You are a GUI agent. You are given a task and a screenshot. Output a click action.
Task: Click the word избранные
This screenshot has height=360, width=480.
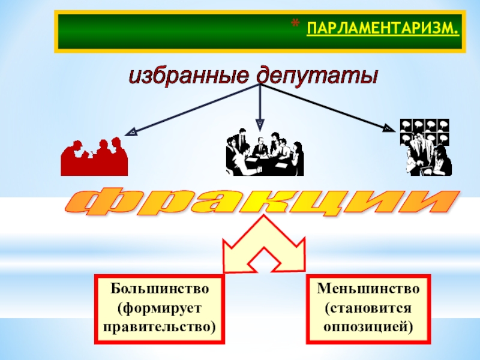pyautogui.click(x=190, y=76)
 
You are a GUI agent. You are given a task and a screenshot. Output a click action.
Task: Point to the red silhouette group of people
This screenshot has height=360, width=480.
pyautogui.click(x=94, y=157)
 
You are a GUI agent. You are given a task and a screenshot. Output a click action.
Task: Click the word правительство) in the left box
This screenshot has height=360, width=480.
pyautogui.click(x=160, y=328)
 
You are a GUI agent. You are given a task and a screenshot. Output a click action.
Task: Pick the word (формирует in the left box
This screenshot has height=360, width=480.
pyautogui.click(x=160, y=308)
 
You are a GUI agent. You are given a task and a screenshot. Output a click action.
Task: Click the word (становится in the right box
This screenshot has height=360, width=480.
pyautogui.click(x=368, y=308)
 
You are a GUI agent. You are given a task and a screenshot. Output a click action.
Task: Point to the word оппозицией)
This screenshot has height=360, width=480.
pyautogui.click(x=368, y=328)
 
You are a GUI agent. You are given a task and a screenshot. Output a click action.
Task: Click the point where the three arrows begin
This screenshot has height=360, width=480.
pyautogui.click(x=260, y=85)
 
